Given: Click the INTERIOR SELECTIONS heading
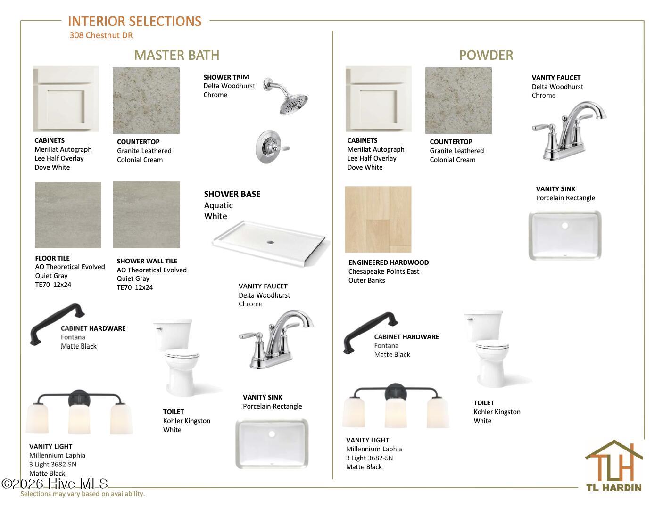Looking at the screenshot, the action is coord(134,21).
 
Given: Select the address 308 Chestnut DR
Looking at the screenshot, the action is coord(101,35).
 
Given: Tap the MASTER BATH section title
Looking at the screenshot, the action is coord(177,55).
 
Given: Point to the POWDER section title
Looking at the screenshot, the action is coord(486,55).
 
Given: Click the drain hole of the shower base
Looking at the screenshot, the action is coord(270,242).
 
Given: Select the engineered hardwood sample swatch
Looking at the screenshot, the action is coord(378,219).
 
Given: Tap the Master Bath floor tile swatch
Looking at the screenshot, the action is coord(68,215).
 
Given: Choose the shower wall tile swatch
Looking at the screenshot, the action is coord(147,214).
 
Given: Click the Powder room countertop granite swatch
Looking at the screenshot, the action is coord(458,100).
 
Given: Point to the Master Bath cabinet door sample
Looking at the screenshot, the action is coord(66,98).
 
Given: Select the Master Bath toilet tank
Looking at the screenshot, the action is coord(173,334).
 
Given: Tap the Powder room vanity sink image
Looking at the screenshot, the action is coord(565,235).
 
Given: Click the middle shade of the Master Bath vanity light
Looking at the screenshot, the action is coord(79,419).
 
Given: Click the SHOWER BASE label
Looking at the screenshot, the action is coord(232,194).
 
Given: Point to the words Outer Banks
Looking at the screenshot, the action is coord(367,280).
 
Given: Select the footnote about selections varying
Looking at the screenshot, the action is coord(83,494).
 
